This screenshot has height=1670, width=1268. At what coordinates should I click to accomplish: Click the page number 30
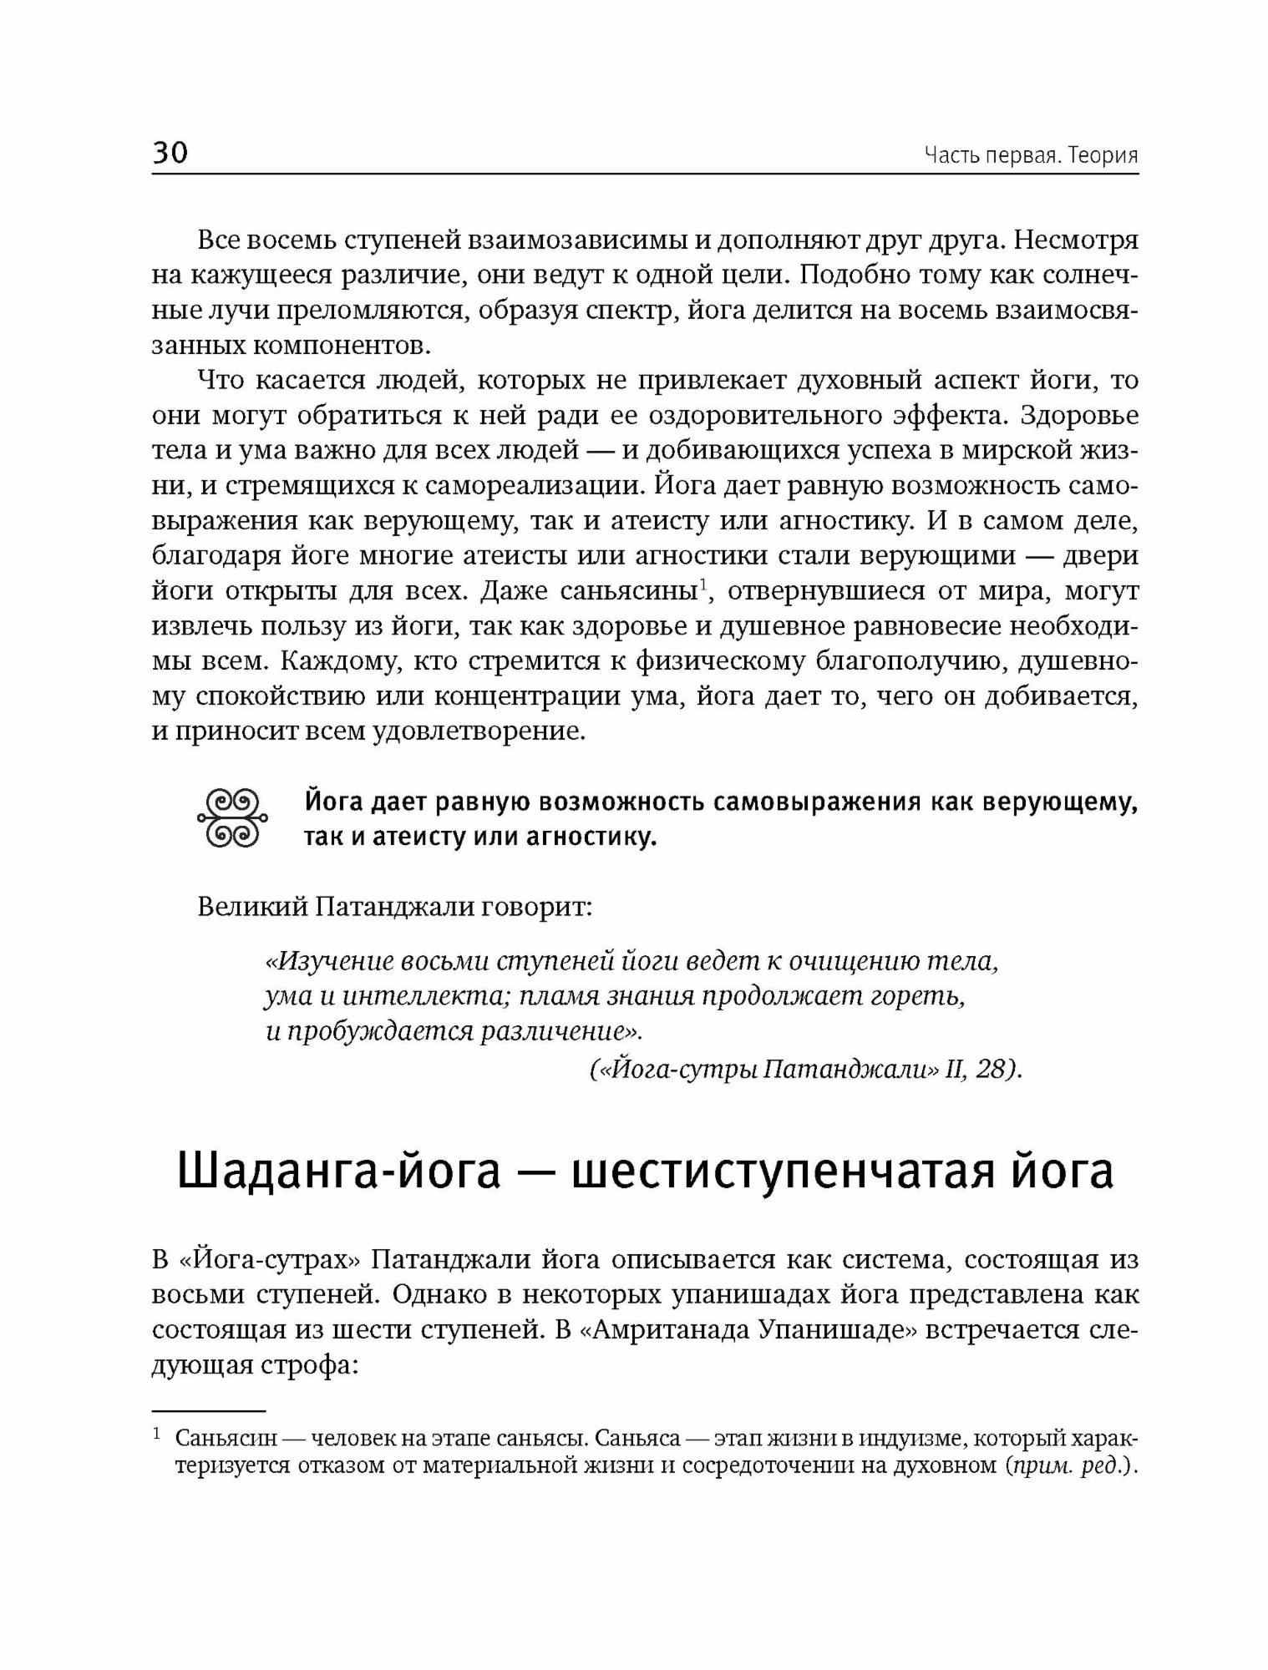pos(170,152)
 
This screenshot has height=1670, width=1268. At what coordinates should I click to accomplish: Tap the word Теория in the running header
pos(1103,156)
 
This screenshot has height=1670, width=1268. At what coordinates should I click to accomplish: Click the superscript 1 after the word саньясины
pos(704,584)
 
